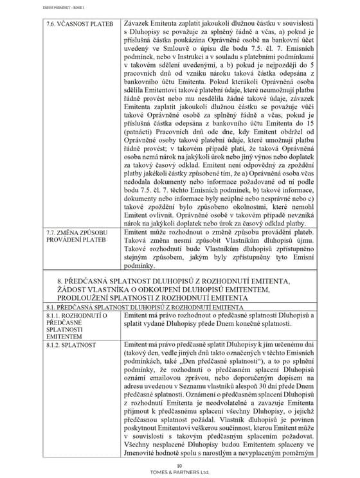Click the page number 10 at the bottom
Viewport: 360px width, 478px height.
click(x=179, y=465)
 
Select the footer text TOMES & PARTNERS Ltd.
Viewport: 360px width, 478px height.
click(x=179, y=471)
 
